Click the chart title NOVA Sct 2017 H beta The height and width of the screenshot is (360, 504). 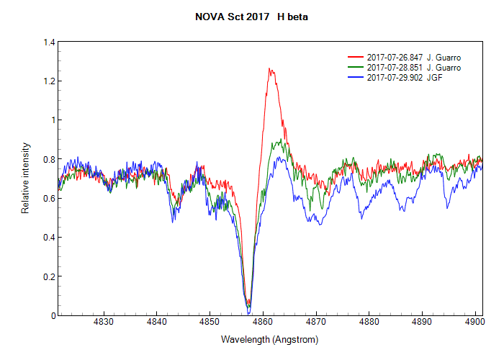tap(251, 16)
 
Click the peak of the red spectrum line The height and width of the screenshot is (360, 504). tap(269, 69)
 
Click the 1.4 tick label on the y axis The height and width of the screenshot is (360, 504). tap(49, 42)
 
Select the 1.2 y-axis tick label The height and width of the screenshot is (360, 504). tap(49, 81)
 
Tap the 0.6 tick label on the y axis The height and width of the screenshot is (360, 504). tap(49, 198)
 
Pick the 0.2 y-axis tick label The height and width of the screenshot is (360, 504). tap(49, 276)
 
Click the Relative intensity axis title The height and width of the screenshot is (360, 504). tap(25, 179)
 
